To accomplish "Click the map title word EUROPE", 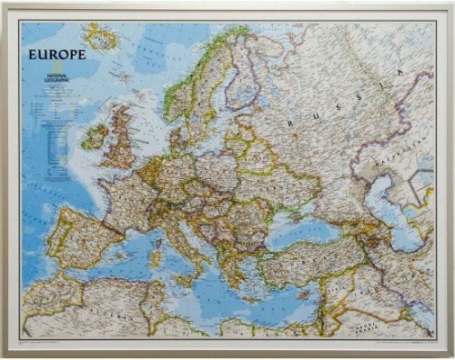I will [56, 55].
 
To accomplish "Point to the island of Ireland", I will [94, 136].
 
